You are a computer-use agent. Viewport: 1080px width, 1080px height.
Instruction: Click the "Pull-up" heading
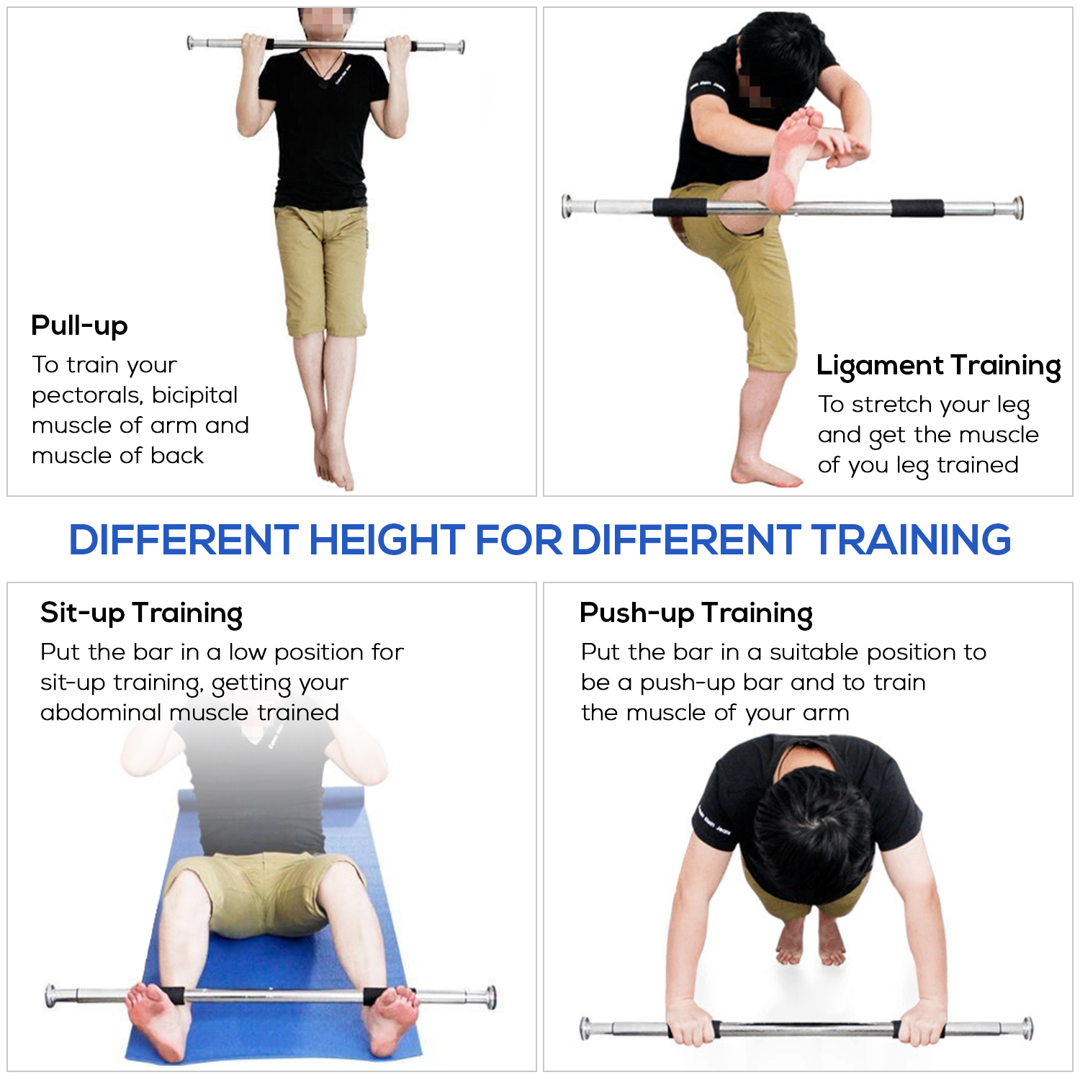(x=79, y=325)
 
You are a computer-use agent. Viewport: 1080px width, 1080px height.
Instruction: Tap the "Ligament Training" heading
(x=938, y=366)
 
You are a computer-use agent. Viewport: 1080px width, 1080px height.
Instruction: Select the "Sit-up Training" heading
(x=141, y=613)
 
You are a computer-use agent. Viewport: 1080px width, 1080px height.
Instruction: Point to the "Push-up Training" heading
(x=696, y=613)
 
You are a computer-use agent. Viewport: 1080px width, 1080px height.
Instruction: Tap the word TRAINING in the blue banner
(x=911, y=540)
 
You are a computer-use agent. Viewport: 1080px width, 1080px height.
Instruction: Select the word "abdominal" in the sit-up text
(x=101, y=713)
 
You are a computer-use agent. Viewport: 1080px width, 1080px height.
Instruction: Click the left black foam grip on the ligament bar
(x=680, y=207)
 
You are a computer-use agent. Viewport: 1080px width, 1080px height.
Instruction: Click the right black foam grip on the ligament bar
(x=917, y=209)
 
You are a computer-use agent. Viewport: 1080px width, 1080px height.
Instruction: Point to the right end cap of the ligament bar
(x=1018, y=207)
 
